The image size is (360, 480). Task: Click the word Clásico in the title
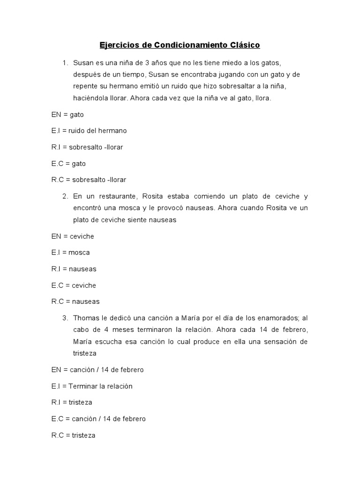(x=244, y=45)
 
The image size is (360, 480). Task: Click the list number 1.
(x=65, y=62)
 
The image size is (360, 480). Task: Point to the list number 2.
(x=65, y=196)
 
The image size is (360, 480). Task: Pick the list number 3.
(x=65, y=318)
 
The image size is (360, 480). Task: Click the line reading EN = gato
(x=67, y=114)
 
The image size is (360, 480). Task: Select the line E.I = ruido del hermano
(x=89, y=130)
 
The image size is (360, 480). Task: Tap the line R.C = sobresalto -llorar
(x=89, y=180)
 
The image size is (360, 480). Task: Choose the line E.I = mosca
(x=70, y=252)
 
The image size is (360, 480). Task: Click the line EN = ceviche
(x=73, y=236)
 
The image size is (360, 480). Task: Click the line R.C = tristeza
(x=73, y=435)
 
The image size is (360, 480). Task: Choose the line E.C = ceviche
(x=74, y=285)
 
